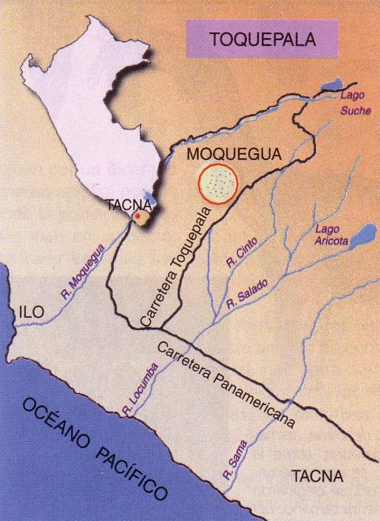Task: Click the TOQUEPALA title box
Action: pos(262,39)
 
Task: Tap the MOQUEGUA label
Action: pos(234,154)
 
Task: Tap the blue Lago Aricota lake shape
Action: pos(359,237)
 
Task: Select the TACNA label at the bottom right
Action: pos(317,476)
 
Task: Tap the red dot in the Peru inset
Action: pos(139,217)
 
